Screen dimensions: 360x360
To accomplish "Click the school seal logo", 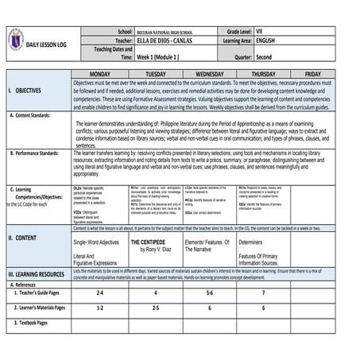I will pyautogui.click(x=15, y=37).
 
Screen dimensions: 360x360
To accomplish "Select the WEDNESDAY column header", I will pyautogui.click(x=212, y=73).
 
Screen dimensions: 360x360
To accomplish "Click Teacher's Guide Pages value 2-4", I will pyautogui.click(x=100, y=293).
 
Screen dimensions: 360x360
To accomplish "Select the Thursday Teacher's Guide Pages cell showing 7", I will pyautogui.click(x=263, y=293).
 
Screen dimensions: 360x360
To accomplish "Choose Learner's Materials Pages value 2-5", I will pyautogui.click(x=156, y=307).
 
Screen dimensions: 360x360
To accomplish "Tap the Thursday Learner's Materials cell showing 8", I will pyautogui.click(x=263, y=307).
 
